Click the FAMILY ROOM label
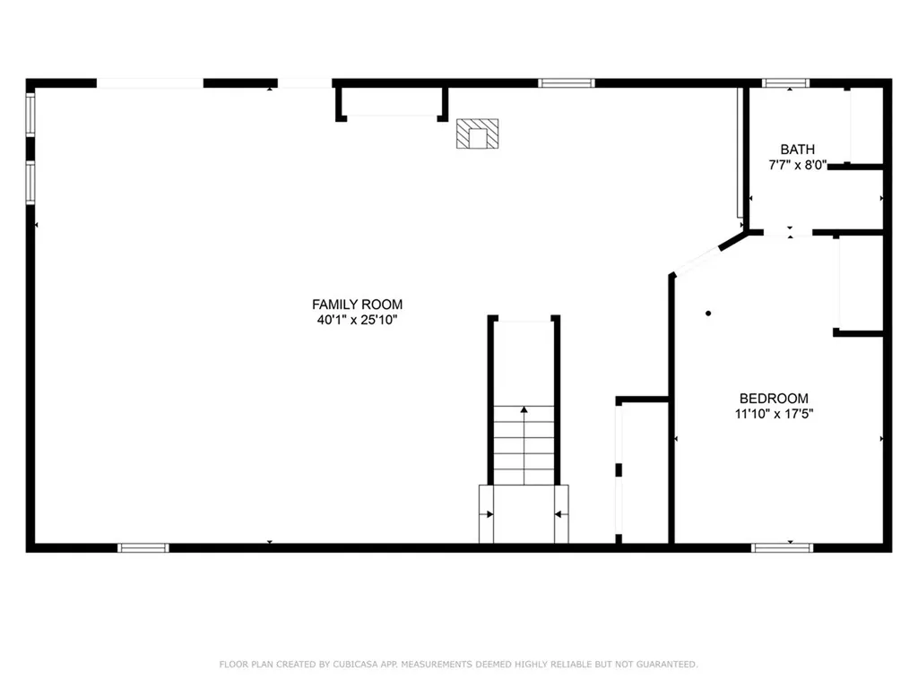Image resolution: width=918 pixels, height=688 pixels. [357, 305]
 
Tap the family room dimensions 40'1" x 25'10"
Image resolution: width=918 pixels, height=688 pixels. [357, 320]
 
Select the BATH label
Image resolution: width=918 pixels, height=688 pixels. [797, 150]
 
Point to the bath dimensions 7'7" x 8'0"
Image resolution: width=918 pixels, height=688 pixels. [797, 165]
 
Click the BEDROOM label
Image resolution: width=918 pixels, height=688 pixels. [774, 399]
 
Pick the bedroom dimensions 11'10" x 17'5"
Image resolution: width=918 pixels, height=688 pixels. [774, 414]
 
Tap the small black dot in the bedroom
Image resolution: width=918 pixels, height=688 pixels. [708, 314]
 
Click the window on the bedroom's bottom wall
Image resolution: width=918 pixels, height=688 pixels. [782, 548]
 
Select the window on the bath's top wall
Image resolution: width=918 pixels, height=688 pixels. [785, 83]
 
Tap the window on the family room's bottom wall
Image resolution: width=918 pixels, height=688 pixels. [143, 548]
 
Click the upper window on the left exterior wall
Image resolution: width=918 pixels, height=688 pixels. [30, 115]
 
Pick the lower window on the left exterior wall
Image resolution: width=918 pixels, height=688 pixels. [30, 182]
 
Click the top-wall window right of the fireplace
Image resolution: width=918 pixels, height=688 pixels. [567, 83]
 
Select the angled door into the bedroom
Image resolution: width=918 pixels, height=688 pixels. [697, 261]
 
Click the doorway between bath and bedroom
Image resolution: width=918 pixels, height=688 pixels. [788, 233]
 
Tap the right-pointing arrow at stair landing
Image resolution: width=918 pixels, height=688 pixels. [486, 514]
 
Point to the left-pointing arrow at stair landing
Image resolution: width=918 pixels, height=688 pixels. [561, 514]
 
